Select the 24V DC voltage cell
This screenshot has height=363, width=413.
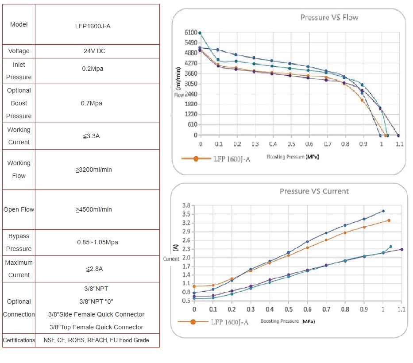point(94,51)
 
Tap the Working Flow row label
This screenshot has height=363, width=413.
point(19,169)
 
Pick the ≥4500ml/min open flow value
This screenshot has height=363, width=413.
point(93,209)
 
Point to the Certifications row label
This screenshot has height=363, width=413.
point(19,340)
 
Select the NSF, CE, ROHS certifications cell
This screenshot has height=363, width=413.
point(96,340)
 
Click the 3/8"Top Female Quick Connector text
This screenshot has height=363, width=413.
point(96,327)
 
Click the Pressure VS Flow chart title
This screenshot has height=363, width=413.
point(329,17)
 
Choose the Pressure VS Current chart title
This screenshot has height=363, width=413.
point(314,191)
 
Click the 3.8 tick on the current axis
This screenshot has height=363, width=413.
point(186,205)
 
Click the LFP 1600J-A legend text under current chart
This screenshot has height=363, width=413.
point(229,322)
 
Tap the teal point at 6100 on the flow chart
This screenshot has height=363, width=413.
point(200,33)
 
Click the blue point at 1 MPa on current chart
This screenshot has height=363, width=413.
point(383,211)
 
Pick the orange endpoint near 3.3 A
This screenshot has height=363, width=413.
point(389,220)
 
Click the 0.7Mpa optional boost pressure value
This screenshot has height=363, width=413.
point(93,103)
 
